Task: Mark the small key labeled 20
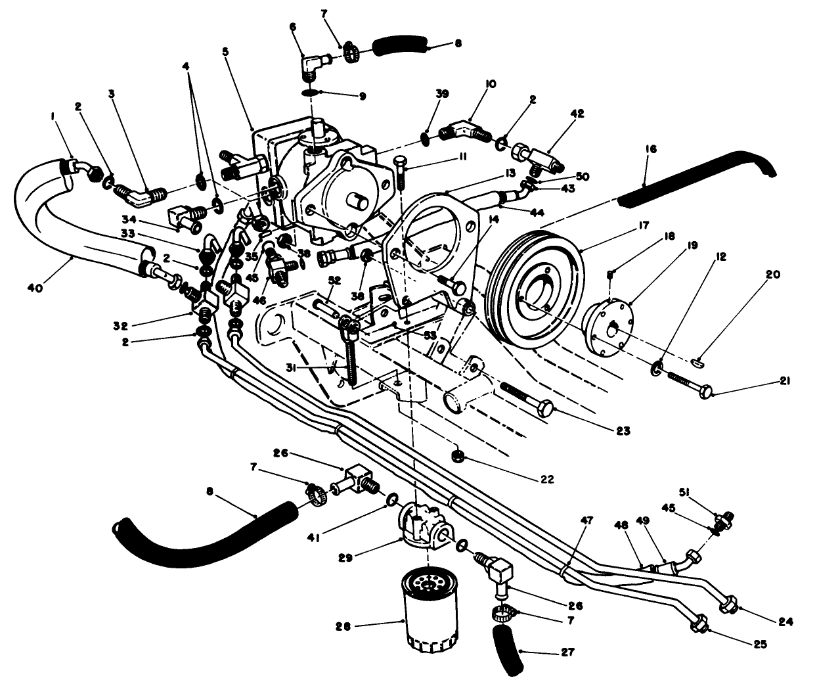click(x=699, y=360)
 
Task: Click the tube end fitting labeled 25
click(x=699, y=624)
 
